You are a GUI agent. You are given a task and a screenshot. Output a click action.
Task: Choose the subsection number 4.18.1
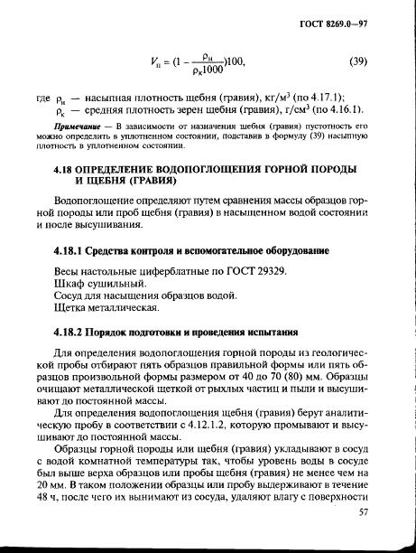click(x=75, y=249)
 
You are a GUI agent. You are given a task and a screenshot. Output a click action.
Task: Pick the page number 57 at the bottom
click(x=363, y=513)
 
